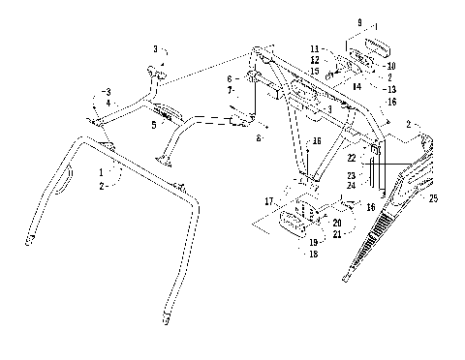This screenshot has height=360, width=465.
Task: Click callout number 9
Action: (x=359, y=21)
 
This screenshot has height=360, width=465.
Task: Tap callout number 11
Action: (x=316, y=46)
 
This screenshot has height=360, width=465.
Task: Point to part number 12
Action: (x=316, y=58)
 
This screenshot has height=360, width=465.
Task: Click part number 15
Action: (x=316, y=70)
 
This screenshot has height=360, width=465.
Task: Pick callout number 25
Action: (x=433, y=198)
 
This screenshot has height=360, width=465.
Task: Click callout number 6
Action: (x=231, y=78)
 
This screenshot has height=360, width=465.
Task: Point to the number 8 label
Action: (x=259, y=138)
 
